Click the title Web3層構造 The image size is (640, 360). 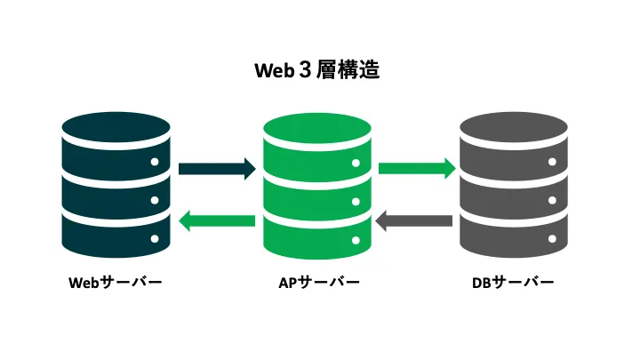(317, 69)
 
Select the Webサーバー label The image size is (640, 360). (116, 283)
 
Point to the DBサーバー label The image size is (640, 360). (513, 283)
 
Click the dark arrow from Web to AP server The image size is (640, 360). (217, 167)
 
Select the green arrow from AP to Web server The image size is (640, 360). (217, 220)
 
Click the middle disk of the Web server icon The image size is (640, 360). (116, 189)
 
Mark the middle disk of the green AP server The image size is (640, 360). (316, 189)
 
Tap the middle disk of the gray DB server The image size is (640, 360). (513, 189)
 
